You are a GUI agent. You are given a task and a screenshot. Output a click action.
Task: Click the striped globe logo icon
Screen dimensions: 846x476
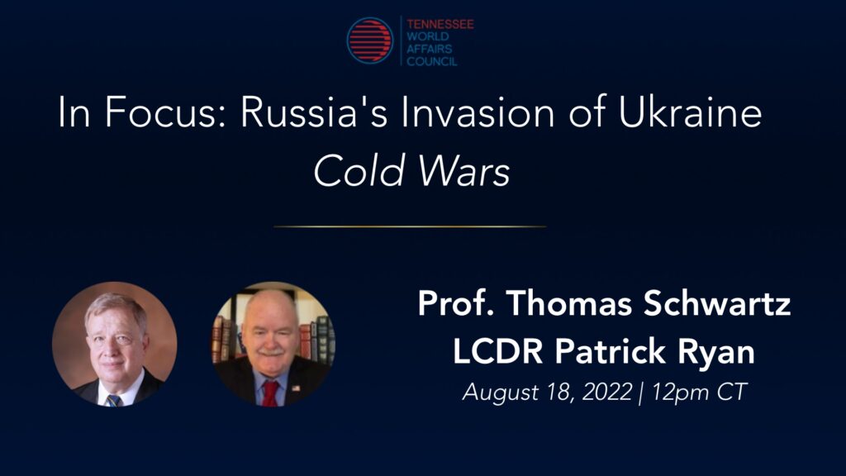pos(370,40)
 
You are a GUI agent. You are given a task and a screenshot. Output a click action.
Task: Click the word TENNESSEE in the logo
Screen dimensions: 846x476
pos(440,24)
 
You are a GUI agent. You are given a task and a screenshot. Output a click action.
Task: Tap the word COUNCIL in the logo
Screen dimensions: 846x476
pos(431,61)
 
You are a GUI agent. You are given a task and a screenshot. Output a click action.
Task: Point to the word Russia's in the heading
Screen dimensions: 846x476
pos(314,112)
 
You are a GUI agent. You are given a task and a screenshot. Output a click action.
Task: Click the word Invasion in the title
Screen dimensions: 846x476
pos(478,112)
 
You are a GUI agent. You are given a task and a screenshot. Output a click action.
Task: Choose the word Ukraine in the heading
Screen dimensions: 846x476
pos(690,112)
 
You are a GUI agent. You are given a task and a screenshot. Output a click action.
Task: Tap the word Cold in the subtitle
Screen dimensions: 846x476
pos(359,172)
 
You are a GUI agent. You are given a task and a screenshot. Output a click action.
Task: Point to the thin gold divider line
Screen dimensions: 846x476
pos(410,226)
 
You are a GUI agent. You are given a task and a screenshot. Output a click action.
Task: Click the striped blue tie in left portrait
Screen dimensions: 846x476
pos(114,400)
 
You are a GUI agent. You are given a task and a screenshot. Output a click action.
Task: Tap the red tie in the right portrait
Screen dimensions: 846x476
pos(270,393)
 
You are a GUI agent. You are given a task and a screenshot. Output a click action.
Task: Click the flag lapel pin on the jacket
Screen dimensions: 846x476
pos(296,388)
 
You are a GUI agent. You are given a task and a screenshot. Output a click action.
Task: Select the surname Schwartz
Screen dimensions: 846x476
pos(717,303)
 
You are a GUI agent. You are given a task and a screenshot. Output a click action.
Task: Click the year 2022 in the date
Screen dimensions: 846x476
pos(607,392)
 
